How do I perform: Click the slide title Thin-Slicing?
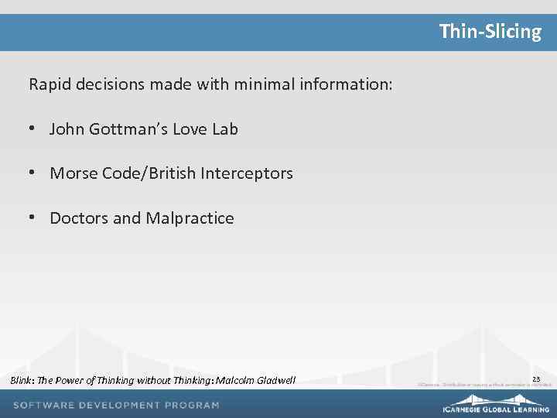[x=490, y=32]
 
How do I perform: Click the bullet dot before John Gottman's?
[x=32, y=128]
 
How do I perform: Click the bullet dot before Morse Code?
[x=32, y=173]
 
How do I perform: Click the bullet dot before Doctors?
[x=32, y=218]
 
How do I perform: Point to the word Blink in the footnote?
[x=21, y=380]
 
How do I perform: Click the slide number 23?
[x=536, y=379]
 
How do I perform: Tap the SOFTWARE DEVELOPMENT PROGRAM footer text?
[x=116, y=405]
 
